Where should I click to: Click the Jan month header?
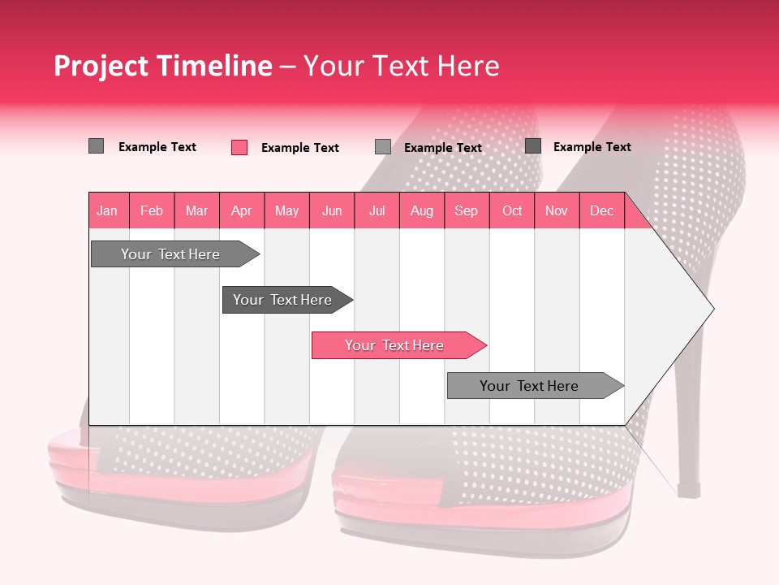click(x=107, y=210)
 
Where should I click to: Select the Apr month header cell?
click(x=241, y=210)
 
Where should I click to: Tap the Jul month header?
click(x=377, y=210)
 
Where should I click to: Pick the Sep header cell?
click(x=466, y=210)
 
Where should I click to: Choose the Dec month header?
click(x=601, y=210)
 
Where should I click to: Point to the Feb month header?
click(x=152, y=210)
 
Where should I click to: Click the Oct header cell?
click(x=512, y=210)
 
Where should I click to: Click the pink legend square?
click(x=239, y=147)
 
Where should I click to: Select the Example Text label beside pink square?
click(x=299, y=148)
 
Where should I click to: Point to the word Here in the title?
click(x=468, y=66)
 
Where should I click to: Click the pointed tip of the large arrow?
click(x=712, y=309)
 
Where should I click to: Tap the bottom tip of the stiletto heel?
click(x=689, y=492)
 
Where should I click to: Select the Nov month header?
click(x=557, y=210)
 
